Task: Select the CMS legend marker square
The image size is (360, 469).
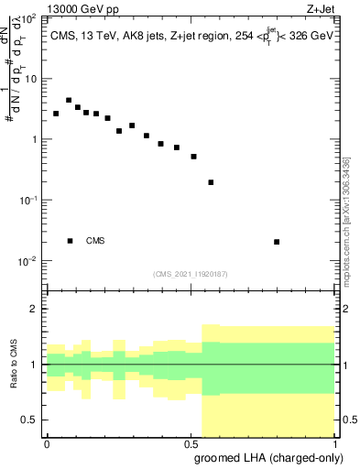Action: click(71, 241)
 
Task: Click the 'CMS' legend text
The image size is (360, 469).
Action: click(95, 241)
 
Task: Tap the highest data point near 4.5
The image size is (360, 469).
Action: click(69, 100)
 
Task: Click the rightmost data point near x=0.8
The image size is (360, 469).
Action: click(277, 242)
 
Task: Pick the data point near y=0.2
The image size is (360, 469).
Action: click(212, 182)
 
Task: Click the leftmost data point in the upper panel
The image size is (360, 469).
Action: click(56, 114)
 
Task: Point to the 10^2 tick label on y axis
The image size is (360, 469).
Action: click(27, 18)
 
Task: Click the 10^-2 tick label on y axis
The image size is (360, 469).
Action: click(27, 261)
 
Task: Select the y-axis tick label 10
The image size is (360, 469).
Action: click(30, 79)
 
